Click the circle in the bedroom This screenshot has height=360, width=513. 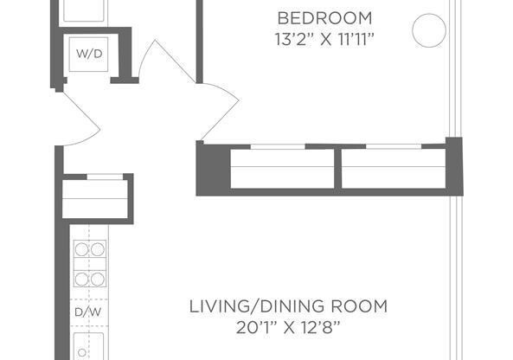428,31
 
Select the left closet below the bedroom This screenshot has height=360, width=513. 282,169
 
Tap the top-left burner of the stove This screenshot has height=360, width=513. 81,250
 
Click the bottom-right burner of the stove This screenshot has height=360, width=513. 98,279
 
